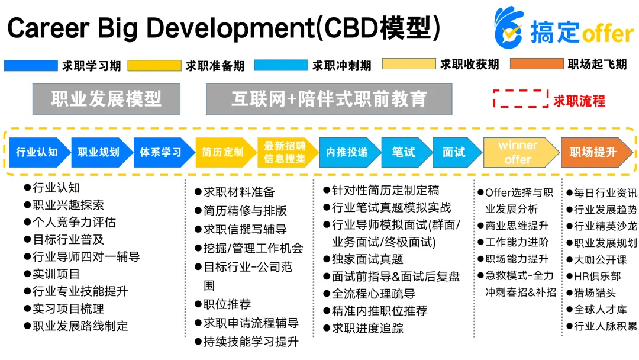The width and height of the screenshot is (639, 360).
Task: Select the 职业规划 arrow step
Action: tap(99, 152)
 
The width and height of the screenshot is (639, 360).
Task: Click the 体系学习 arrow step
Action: tap(162, 152)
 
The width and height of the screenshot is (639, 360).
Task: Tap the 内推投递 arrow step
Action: tap(347, 152)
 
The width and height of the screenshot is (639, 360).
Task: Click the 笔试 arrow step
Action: tap(404, 152)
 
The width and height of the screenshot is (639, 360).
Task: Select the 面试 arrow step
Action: tap(454, 152)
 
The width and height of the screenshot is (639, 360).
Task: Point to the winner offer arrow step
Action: tap(518, 152)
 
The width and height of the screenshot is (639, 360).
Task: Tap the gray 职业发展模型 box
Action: tap(106, 99)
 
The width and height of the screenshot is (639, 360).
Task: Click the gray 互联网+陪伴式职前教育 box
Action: tap(329, 99)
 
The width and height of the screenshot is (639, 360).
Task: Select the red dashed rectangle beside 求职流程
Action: tap(521, 99)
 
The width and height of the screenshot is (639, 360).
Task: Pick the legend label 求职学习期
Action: tap(91, 65)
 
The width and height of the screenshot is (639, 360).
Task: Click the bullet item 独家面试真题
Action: tap(367, 259)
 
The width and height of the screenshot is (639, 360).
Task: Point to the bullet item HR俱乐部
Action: tap(597, 276)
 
